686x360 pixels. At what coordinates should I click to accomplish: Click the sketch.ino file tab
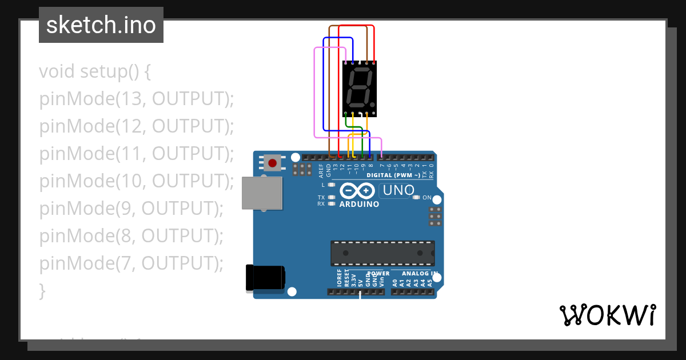click(101, 25)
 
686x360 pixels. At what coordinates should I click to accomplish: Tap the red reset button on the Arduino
click(273, 163)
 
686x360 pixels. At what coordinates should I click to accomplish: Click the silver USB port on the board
click(262, 193)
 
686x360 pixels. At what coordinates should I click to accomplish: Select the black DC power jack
click(265, 278)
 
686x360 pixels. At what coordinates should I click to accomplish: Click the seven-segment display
click(360, 89)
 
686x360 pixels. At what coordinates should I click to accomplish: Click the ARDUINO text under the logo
click(359, 204)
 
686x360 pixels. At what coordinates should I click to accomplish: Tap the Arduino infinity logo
click(358, 190)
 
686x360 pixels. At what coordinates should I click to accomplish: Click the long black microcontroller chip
click(382, 253)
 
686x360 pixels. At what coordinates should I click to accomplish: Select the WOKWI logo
click(607, 315)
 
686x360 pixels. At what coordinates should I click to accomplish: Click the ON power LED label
click(426, 198)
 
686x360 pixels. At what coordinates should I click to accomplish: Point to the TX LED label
click(321, 198)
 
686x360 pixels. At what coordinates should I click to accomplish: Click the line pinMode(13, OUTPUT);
click(137, 99)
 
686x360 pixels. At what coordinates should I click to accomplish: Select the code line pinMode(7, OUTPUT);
click(131, 263)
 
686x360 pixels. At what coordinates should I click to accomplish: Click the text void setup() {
click(95, 72)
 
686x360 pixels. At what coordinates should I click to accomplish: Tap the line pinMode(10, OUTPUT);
click(137, 181)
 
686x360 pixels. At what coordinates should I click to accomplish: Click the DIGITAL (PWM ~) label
click(393, 175)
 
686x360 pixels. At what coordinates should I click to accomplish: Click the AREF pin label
click(321, 170)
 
